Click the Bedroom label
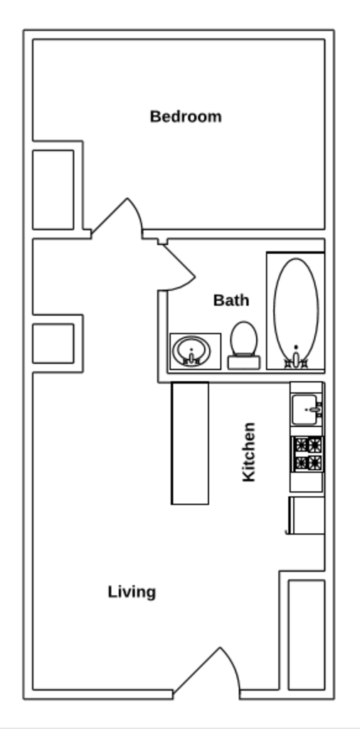(186, 116)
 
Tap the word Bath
(231, 300)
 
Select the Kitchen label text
(249, 452)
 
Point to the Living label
(132, 592)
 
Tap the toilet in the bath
(244, 339)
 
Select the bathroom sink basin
(191, 349)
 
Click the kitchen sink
(307, 409)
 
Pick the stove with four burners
(307, 454)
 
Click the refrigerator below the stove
(307, 515)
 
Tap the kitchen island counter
(190, 443)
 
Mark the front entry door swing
(213, 673)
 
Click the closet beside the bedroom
(53, 189)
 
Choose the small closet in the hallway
(53, 343)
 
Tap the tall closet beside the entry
(306, 634)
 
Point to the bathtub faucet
(296, 360)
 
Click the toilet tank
(243, 362)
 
